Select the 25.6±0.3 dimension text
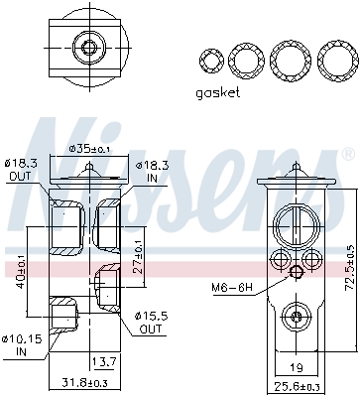pyautogui.click(x=299, y=386)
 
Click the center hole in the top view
pyautogui.click(x=89, y=48)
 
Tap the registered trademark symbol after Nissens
pyautogui.click(x=347, y=156)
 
